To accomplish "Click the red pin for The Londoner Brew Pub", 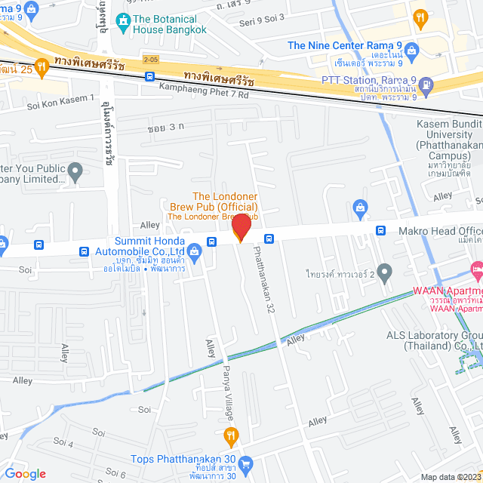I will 241,227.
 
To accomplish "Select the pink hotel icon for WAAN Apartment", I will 476,269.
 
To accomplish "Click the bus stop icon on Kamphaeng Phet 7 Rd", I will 150,76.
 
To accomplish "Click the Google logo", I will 24,473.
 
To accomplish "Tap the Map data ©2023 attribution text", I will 451,477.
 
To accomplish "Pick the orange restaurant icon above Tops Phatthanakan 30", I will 231,435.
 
